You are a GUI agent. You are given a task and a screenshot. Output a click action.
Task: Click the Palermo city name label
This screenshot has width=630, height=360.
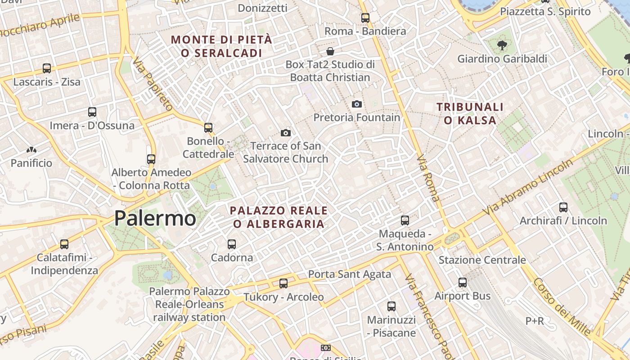[x=155, y=218]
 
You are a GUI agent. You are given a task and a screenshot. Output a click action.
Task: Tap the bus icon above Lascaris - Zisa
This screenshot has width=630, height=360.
[x=47, y=68]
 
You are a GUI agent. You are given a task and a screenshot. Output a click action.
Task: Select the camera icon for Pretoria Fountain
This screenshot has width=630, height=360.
[x=356, y=104]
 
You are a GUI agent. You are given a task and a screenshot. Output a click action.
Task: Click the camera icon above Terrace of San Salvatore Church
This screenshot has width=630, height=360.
[x=285, y=133]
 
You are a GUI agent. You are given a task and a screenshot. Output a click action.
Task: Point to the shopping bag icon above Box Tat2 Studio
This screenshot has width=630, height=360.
[x=330, y=51]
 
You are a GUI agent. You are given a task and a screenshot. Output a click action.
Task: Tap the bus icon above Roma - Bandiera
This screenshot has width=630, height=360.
[x=365, y=18]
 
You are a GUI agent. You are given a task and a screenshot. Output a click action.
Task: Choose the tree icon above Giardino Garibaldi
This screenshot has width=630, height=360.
[x=502, y=45]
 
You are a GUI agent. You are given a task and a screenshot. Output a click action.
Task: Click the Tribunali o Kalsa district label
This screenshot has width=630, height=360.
[x=470, y=113]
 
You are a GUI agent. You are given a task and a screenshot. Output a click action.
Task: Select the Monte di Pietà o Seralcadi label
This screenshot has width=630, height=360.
[x=221, y=46]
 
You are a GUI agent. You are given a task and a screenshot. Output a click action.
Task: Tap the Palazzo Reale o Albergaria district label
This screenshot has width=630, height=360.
[x=279, y=217]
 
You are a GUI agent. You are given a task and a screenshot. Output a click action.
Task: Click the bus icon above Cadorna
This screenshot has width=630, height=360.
[x=232, y=244]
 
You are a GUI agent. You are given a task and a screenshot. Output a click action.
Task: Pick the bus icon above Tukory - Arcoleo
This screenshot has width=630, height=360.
[x=283, y=283]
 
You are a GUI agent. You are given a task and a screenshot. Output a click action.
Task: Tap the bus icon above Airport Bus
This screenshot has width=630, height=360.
[x=463, y=283]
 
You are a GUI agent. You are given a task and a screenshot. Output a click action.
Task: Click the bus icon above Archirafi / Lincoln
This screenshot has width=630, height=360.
[x=563, y=207]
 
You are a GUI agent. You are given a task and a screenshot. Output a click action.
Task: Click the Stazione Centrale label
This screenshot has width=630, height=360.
[x=482, y=260]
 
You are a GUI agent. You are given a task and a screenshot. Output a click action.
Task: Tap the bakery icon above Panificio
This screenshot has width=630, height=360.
[x=31, y=150]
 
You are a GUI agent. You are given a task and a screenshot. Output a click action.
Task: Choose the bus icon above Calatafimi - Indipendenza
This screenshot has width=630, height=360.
[x=64, y=244]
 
